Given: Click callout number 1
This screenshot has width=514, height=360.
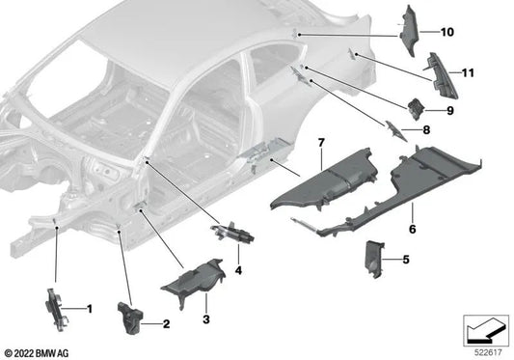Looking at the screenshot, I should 90,309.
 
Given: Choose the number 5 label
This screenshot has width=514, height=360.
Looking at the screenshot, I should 405,259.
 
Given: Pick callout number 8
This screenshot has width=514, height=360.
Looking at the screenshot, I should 425,129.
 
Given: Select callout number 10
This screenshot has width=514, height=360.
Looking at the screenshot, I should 446,32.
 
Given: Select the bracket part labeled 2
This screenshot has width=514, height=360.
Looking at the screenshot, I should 129,315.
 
